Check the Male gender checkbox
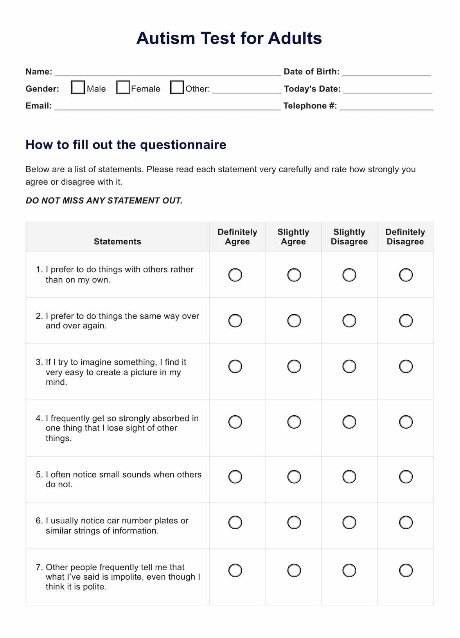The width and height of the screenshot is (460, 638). click(78, 87)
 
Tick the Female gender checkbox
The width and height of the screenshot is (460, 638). click(123, 87)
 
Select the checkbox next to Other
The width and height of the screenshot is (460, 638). click(177, 87)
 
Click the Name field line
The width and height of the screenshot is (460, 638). click(168, 72)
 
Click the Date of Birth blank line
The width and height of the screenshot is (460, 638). click(386, 72)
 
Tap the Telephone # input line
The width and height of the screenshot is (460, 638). click(386, 106)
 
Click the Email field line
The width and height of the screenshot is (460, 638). click(167, 106)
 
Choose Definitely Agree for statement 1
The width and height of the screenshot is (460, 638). click(235, 275)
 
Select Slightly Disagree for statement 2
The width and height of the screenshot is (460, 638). click(349, 321)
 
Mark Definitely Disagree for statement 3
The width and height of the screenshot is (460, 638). click(406, 366)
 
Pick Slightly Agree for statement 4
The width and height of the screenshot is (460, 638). click(294, 422)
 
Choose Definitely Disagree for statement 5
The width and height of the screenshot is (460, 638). click(406, 477)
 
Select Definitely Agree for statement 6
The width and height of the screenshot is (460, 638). click(235, 523)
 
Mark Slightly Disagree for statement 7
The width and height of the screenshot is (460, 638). click(349, 570)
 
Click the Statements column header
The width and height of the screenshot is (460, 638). click(117, 242)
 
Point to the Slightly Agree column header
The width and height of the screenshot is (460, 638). click(293, 237)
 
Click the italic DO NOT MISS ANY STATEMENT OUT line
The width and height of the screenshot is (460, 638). click(104, 201)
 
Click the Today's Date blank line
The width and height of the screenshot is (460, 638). click(388, 90)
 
